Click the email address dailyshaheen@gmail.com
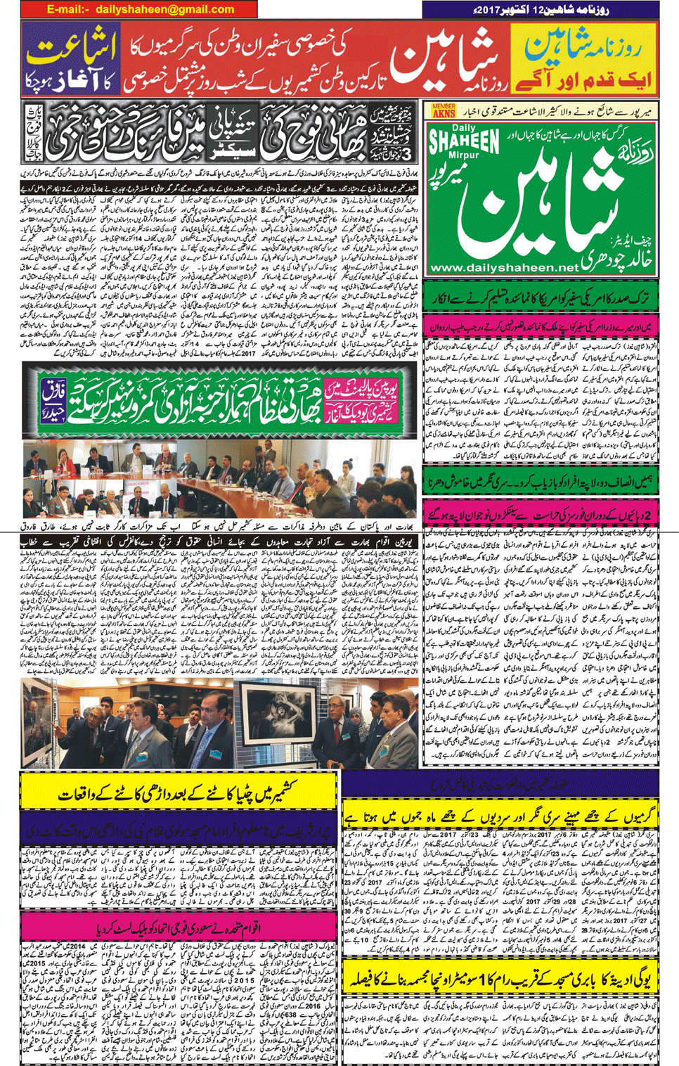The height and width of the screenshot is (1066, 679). (x=164, y=10)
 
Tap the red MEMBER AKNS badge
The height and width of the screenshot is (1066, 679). (x=444, y=110)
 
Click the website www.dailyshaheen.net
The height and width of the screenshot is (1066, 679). (x=504, y=268)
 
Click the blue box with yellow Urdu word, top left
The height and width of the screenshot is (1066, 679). (x=69, y=59)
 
